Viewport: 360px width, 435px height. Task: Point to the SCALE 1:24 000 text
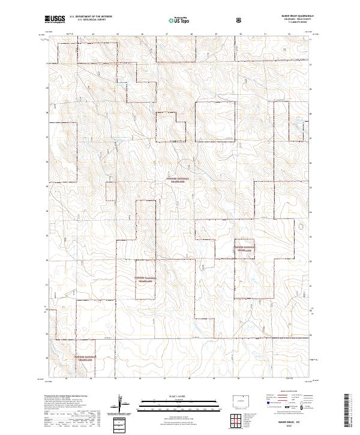pos(175,395)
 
